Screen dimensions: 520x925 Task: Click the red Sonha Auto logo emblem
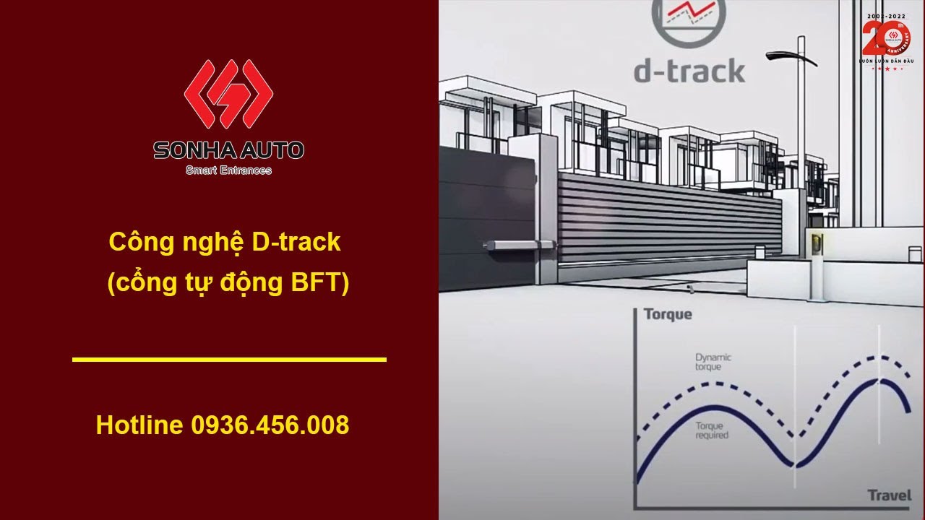click(x=228, y=94)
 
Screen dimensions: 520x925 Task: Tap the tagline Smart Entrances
click(x=228, y=170)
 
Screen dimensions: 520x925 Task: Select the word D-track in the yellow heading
click(x=296, y=243)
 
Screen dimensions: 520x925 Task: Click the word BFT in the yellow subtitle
click(x=312, y=283)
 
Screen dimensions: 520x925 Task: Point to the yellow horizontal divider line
click(x=229, y=359)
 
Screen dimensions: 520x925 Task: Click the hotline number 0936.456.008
click(x=270, y=425)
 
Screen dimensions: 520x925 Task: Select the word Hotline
click(x=139, y=425)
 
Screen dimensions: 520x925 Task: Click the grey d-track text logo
click(x=689, y=71)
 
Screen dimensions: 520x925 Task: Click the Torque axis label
click(x=667, y=314)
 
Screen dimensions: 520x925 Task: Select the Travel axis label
click(x=889, y=495)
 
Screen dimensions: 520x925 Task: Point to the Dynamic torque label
click(x=713, y=362)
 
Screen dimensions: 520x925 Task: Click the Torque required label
click(x=712, y=430)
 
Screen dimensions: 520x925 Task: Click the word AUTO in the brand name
click(x=275, y=150)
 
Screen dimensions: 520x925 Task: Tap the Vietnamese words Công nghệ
click(x=177, y=243)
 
